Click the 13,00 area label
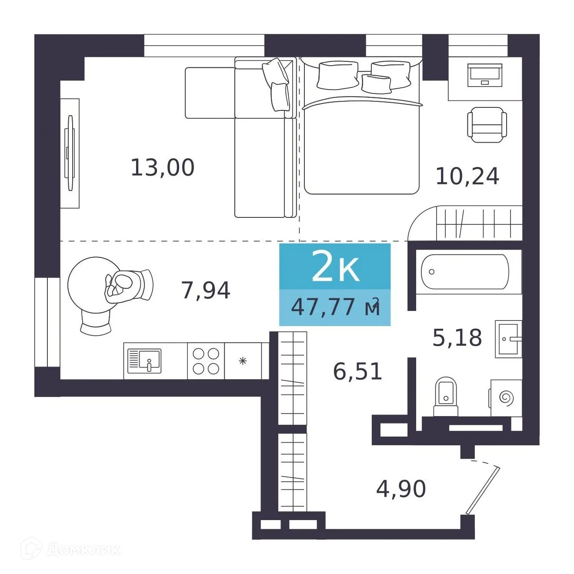pos(163,168)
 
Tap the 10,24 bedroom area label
pos(467,177)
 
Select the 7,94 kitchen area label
pos(206,290)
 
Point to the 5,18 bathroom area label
pos(457,338)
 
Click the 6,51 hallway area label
pos(357,371)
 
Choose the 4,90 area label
pos(401,489)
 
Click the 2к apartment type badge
pos(335,266)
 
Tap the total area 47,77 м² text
pos(335,307)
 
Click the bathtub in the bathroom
pos(465,272)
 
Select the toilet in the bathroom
pos(446,397)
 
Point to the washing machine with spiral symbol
pos(506,398)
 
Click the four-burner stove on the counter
pos(206,361)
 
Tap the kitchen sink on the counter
pos(144,361)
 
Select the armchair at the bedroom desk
pos(487,124)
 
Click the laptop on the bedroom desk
pos(484,75)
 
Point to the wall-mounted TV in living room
pos(70,153)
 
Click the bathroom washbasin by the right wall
pos(508,339)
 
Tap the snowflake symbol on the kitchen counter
pos(243,361)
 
